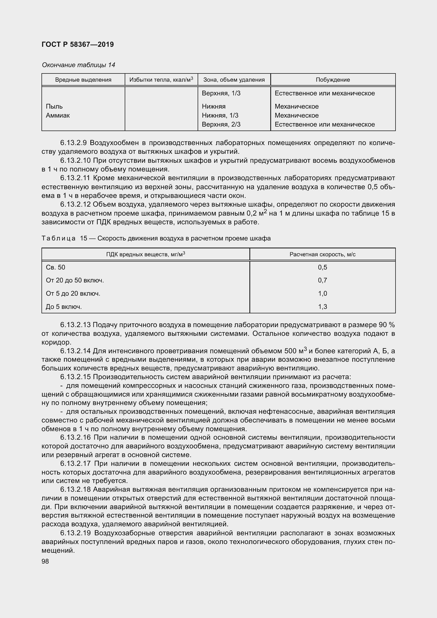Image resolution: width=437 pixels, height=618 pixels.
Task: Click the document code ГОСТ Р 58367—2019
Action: (x=78, y=44)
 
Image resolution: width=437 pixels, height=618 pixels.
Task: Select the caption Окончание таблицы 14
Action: (x=78, y=65)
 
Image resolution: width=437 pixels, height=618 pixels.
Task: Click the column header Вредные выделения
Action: (x=83, y=80)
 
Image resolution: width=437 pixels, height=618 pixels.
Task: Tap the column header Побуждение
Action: (x=333, y=80)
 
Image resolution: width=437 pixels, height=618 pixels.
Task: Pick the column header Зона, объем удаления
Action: (x=234, y=80)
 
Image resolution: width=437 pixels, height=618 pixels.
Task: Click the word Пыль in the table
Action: (x=54, y=106)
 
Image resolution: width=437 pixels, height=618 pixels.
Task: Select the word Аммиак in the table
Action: (x=58, y=115)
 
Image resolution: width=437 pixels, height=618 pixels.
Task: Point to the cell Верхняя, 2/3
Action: (x=221, y=124)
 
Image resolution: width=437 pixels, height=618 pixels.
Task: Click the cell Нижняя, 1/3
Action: (x=220, y=115)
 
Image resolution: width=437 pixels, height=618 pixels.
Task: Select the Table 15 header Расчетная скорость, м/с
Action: (x=322, y=254)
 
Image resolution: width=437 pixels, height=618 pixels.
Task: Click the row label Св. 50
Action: (x=55, y=267)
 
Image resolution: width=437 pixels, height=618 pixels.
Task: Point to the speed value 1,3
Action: (x=322, y=306)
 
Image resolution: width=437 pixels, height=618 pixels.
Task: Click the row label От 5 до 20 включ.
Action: (x=73, y=293)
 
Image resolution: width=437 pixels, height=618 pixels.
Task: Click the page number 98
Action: (x=45, y=561)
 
